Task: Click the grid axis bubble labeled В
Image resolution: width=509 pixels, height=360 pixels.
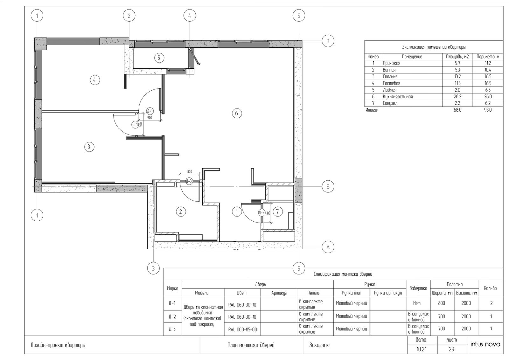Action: [x=328, y=41]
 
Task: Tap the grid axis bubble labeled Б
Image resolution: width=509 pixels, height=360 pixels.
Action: [x=328, y=186]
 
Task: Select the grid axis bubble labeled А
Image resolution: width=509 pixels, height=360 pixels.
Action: [x=328, y=247]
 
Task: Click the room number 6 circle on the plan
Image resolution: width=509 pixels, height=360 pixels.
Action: [x=237, y=113]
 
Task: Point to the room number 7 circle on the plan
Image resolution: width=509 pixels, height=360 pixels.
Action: [x=277, y=212]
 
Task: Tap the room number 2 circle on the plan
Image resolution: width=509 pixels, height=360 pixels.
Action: [x=181, y=212]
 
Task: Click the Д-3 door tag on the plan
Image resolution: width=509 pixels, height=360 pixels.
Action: [x=189, y=181]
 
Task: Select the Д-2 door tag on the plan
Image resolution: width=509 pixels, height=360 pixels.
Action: [x=262, y=213]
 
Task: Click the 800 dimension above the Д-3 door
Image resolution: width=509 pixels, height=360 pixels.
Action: [x=190, y=171]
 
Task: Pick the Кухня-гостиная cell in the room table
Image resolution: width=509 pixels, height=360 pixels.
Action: [x=397, y=97]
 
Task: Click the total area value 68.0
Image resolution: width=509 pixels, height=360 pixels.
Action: [x=457, y=110]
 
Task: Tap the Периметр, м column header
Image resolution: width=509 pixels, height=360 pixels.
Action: [x=488, y=57]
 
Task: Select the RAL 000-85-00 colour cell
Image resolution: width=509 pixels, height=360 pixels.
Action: [x=242, y=329]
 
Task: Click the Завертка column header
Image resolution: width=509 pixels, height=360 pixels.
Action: [x=418, y=288]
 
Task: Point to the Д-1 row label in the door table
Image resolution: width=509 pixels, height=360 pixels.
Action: [x=172, y=303]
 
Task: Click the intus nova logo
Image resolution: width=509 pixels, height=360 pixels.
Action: [x=485, y=344]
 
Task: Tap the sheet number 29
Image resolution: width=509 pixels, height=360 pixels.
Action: [x=451, y=349]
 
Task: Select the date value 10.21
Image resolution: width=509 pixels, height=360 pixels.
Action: [x=422, y=349]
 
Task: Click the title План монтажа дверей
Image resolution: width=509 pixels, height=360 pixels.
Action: [x=251, y=345]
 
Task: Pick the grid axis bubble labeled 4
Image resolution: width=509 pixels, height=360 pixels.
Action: [x=190, y=16]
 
